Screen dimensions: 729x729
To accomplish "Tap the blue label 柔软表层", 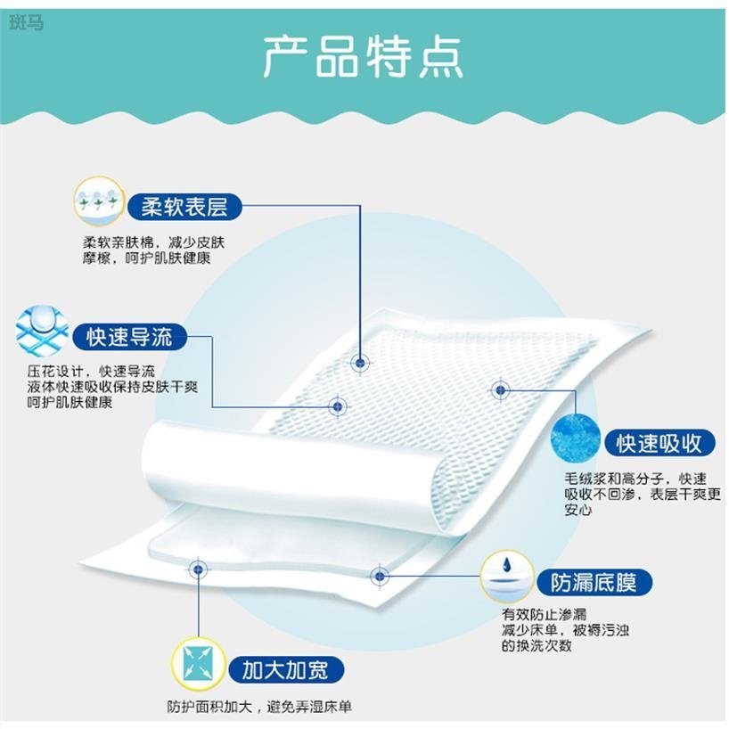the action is pos(184,208).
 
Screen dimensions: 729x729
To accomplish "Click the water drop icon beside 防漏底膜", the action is pos(506,575).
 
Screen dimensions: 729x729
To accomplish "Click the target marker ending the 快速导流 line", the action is pos(337,406).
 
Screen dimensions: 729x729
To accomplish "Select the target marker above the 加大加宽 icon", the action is pos(196,567).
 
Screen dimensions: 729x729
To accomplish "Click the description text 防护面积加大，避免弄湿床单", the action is pos(259,707).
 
